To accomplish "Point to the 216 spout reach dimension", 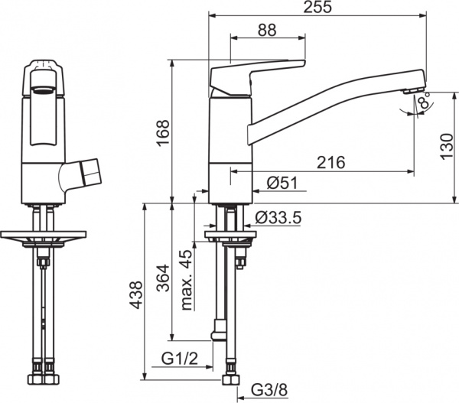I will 330,163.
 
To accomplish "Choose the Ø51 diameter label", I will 282,183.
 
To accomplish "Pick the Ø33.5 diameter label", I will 278,218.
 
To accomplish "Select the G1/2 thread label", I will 180,359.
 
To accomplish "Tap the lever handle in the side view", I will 256,73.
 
